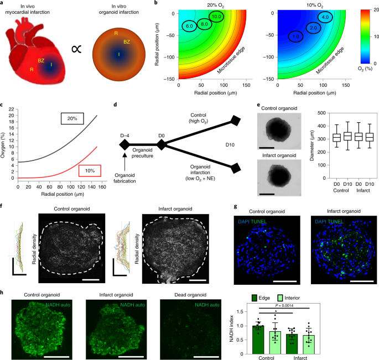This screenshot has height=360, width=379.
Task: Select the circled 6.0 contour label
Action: (189, 26)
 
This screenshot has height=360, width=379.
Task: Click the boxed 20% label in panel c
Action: (72, 118)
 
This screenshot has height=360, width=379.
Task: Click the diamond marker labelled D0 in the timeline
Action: (162, 145)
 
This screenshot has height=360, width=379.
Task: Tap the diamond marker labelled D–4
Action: (124, 145)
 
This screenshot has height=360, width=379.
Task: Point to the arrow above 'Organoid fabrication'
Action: (124, 161)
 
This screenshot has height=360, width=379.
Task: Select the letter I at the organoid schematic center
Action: (118, 54)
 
